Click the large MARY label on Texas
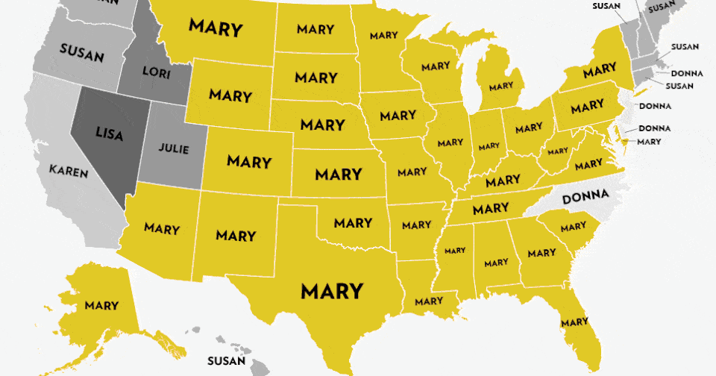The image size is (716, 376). pyautogui.click(x=332, y=290)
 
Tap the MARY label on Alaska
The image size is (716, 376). pyautogui.click(x=101, y=305)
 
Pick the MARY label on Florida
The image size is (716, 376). pyautogui.click(x=574, y=322)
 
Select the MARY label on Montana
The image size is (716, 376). pyautogui.click(x=216, y=28)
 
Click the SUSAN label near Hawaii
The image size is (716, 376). pyautogui.click(x=227, y=361)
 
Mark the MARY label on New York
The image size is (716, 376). pyautogui.click(x=600, y=72)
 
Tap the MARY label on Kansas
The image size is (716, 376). pyautogui.click(x=338, y=175)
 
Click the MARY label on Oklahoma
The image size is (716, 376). pyautogui.click(x=353, y=222)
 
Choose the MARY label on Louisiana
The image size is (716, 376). pyautogui.click(x=429, y=301)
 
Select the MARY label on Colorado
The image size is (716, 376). pyautogui.click(x=249, y=160)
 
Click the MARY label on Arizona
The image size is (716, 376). pyautogui.click(x=162, y=228)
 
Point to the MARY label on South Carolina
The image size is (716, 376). pyautogui.click(x=573, y=226)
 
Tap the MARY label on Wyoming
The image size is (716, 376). pyautogui.click(x=230, y=95)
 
